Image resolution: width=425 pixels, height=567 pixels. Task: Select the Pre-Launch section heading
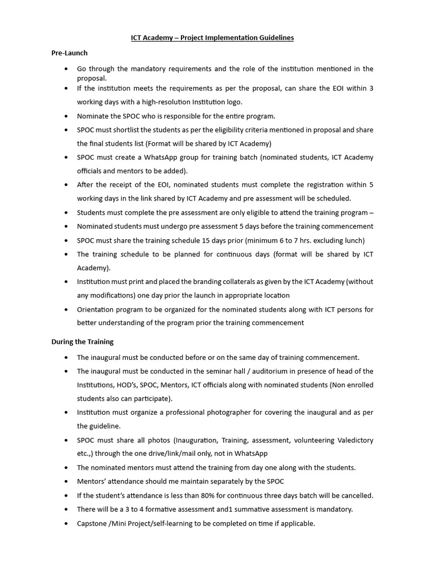coord(69,53)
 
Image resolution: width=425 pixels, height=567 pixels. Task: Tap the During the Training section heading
coord(82,342)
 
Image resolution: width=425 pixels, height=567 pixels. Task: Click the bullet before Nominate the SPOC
coord(66,116)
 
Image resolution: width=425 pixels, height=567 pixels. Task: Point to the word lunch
coord(353,240)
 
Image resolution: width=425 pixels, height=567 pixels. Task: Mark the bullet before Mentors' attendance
coord(66,481)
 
